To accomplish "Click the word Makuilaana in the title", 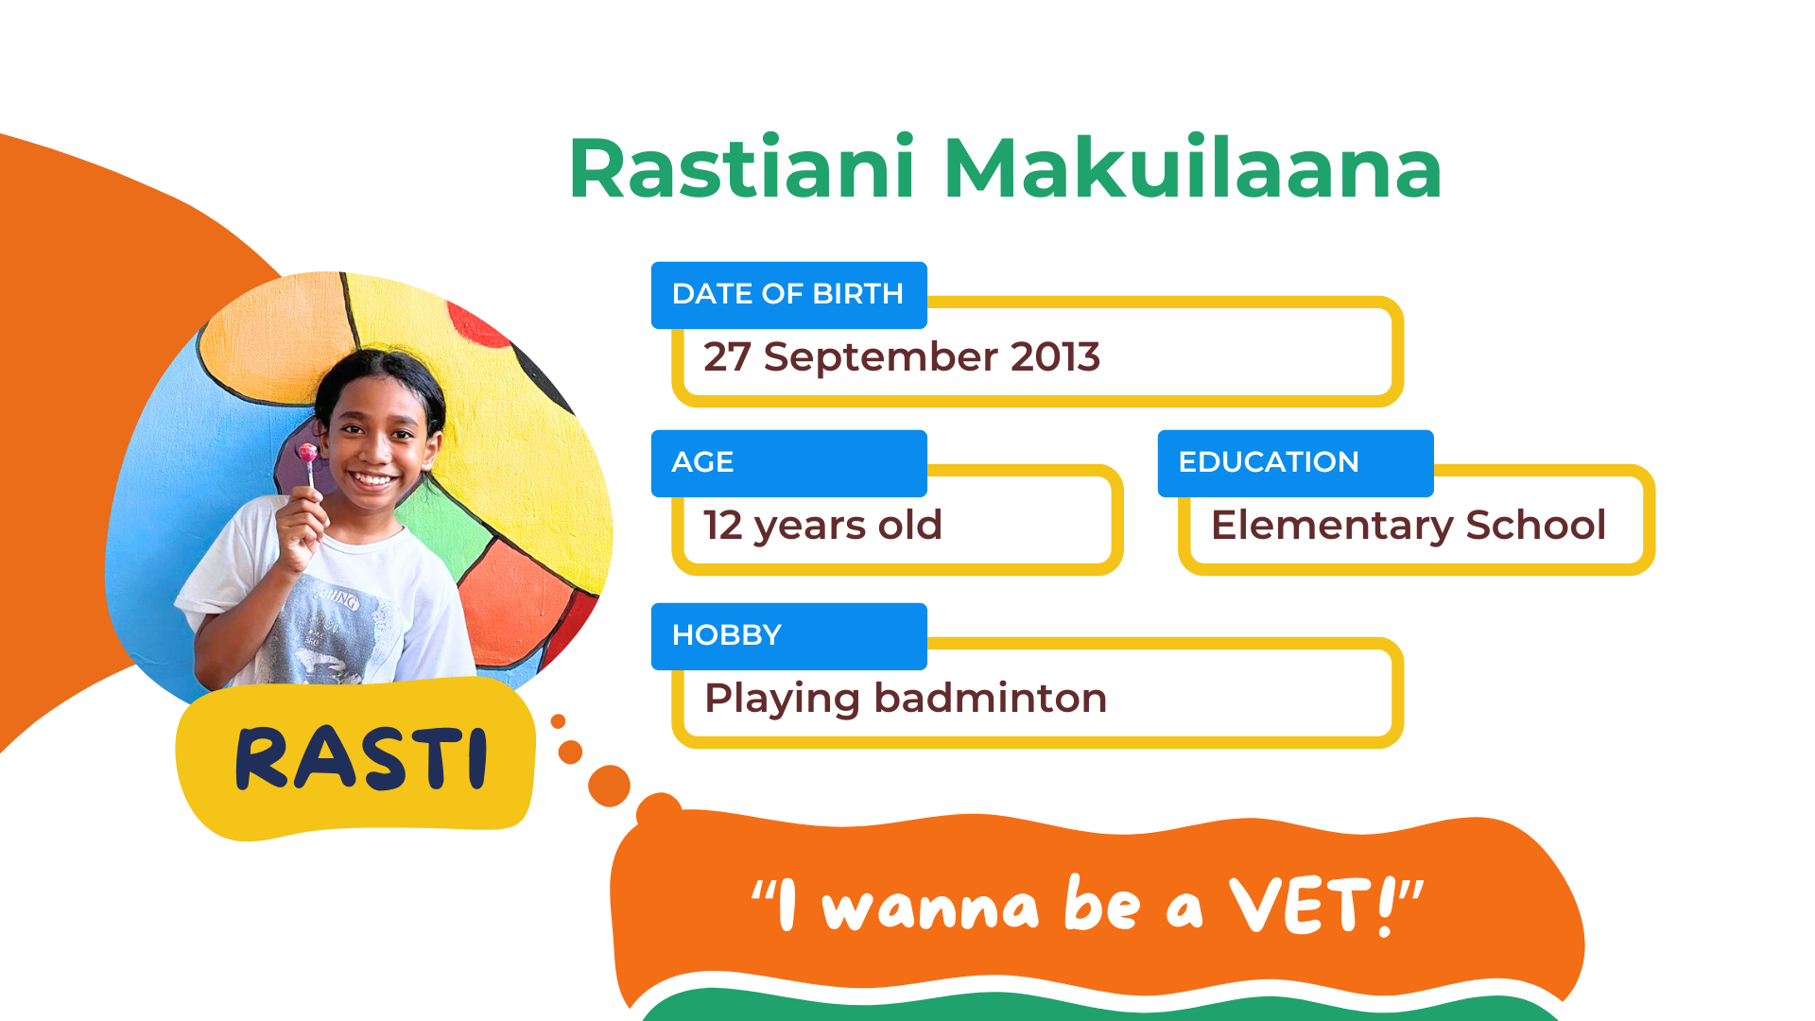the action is pos(1193,168).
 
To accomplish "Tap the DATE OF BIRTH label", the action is pos(787,294).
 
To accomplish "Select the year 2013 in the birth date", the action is pos(1055,356).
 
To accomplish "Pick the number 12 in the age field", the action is pos(723,526).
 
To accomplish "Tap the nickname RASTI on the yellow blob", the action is pos(361,758).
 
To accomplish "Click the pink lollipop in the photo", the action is pos(308,454).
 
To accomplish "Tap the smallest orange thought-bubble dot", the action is pos(558,721).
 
